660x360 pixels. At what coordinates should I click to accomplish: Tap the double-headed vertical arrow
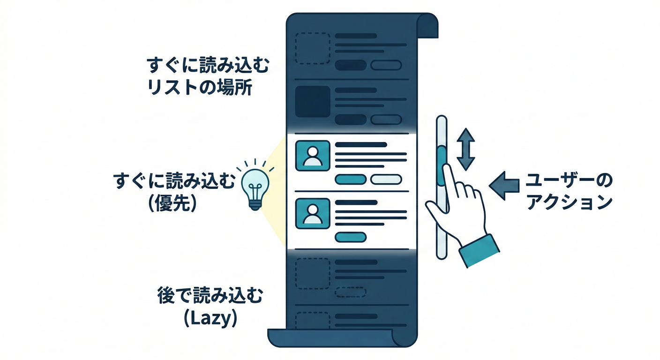click(x=465, y=149)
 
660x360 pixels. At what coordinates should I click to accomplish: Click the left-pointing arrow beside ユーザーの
click(x=504, y=186)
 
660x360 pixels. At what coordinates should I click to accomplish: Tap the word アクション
click(x=570, y=202)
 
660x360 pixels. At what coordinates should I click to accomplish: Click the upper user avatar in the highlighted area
click(x=312, y=156)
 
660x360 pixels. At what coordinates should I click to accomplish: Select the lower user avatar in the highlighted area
click(x=312, y=213)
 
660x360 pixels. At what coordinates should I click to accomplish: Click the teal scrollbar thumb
click(x=441, y=165)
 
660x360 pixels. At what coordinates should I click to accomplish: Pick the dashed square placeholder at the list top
click(x=312, y=48)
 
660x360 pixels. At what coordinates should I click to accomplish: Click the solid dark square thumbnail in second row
click(x=312, y=101)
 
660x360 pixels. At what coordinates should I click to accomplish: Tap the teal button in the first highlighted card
click(x=351, y=179)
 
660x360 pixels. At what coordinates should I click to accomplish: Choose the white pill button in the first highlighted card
click(x=386, y=179)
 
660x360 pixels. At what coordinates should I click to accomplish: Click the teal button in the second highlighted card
click(x=351, y=237)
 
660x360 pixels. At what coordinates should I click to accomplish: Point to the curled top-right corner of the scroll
click(x=427, y=26)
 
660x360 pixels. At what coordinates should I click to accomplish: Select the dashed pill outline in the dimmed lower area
click(x=351, y=292)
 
